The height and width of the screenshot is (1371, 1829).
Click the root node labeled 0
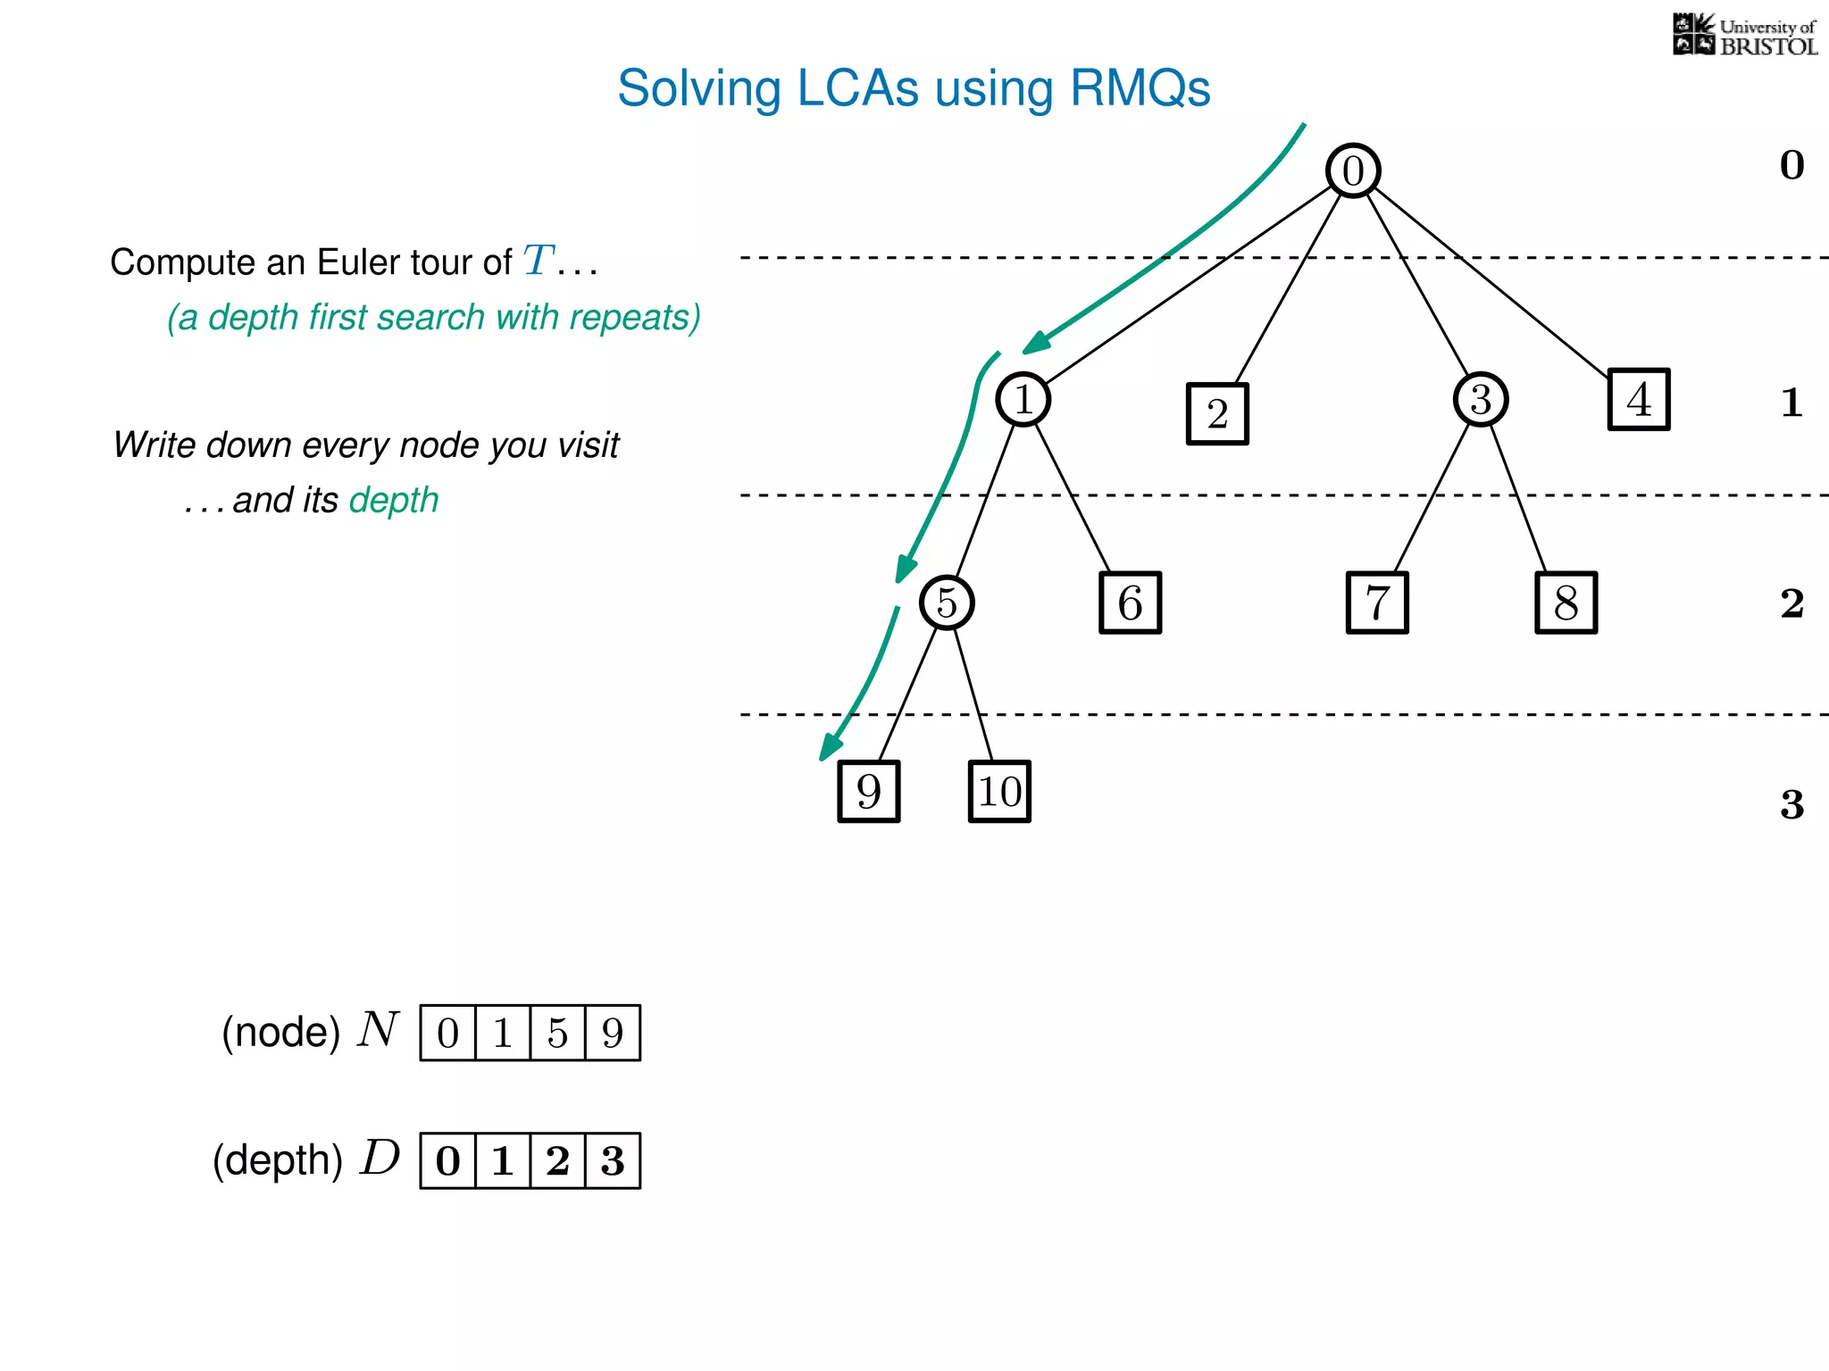coord(1353,170)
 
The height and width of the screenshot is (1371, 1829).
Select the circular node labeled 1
coord(1023,399)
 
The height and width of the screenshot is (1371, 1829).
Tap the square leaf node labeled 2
coord(1217,413)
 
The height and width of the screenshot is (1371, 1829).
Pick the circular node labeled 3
coord(1480,399)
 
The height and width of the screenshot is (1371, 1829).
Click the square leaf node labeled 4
coord(1639,399)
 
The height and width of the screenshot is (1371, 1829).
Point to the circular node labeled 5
coord(947,602)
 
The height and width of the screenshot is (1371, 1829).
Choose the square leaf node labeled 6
coord(1130,602)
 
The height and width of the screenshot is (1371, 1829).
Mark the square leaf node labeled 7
coord(1377,602)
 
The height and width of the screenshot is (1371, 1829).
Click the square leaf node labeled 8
coord(1566,602)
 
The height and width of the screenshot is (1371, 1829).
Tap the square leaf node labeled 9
coord(868,791)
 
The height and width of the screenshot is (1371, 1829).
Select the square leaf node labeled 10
coord(999,791)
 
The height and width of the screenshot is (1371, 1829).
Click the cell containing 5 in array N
coord(557,1034)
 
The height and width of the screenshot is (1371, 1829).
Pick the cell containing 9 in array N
coord(613,1034)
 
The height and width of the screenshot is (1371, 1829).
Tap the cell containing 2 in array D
coord(557,1161)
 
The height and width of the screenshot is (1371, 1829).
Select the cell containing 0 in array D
coord(447,1161)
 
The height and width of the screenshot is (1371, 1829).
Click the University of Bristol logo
coord(1744,36)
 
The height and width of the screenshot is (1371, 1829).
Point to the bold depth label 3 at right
coord(1791,804)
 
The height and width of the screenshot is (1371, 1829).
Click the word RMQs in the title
coord(1140,88)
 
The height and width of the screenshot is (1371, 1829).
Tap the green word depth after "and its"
coord(394,500)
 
